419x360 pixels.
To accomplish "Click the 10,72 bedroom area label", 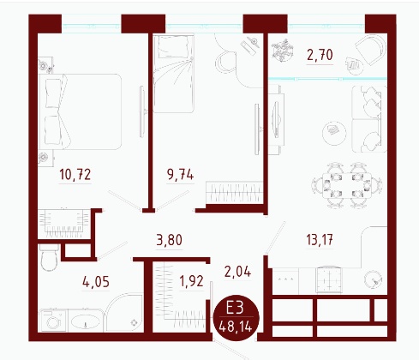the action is point(75,174).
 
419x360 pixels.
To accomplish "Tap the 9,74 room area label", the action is point(181,174).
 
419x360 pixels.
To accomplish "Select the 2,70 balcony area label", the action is point(320,55).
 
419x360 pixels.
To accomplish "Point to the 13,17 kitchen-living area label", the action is point(320,240).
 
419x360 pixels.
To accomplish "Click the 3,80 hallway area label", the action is point(170,240).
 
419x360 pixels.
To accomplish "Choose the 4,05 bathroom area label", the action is point(96,282).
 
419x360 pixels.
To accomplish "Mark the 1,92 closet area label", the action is point(191,281).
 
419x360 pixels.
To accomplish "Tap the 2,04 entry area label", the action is point(237,272).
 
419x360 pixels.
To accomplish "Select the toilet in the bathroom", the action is point(49,257).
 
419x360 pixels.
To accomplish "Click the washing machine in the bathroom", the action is point(53,321).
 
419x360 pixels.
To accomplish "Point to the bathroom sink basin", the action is point(85,321).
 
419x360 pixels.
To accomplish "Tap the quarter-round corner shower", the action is point(124,313).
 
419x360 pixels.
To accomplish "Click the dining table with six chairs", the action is point(347,185).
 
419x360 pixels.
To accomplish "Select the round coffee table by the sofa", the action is point(334,133).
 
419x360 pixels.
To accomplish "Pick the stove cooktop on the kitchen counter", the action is point(329,279).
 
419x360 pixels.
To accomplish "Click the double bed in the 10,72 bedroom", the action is point(80,111).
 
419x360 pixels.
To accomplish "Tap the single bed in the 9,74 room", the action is point(174,74).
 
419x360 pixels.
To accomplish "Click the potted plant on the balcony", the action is point(282,51).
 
